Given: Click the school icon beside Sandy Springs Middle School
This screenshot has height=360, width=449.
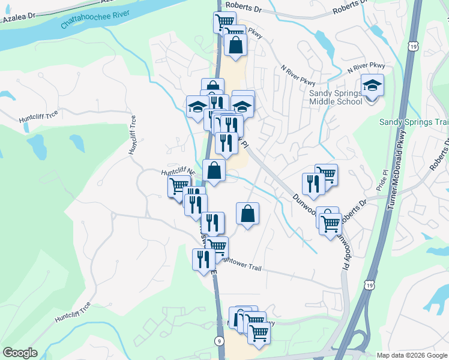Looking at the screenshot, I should [x=372, y=86].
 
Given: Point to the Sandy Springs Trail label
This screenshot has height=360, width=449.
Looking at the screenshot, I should [x=414, y=122].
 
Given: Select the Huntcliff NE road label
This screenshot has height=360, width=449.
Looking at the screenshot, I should [x=178, y=172].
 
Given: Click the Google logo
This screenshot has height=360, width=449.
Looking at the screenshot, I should [x=20, y=352].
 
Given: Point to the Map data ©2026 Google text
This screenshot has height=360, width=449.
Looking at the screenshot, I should [x=412, y=355].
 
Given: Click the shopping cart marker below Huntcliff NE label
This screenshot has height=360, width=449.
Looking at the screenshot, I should [x=178, y=187].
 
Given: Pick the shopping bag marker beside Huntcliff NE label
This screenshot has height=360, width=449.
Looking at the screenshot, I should [x=214, y=170].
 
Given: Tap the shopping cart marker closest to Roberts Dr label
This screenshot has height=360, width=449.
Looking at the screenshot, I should [x=224, y=23].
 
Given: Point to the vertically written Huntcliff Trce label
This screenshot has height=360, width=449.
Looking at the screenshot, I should [x=133, y=136].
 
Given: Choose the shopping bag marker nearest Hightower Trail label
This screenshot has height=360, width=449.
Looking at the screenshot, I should [x=247, y=213].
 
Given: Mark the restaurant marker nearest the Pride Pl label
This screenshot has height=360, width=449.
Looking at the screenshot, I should [x=313, y=184].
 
